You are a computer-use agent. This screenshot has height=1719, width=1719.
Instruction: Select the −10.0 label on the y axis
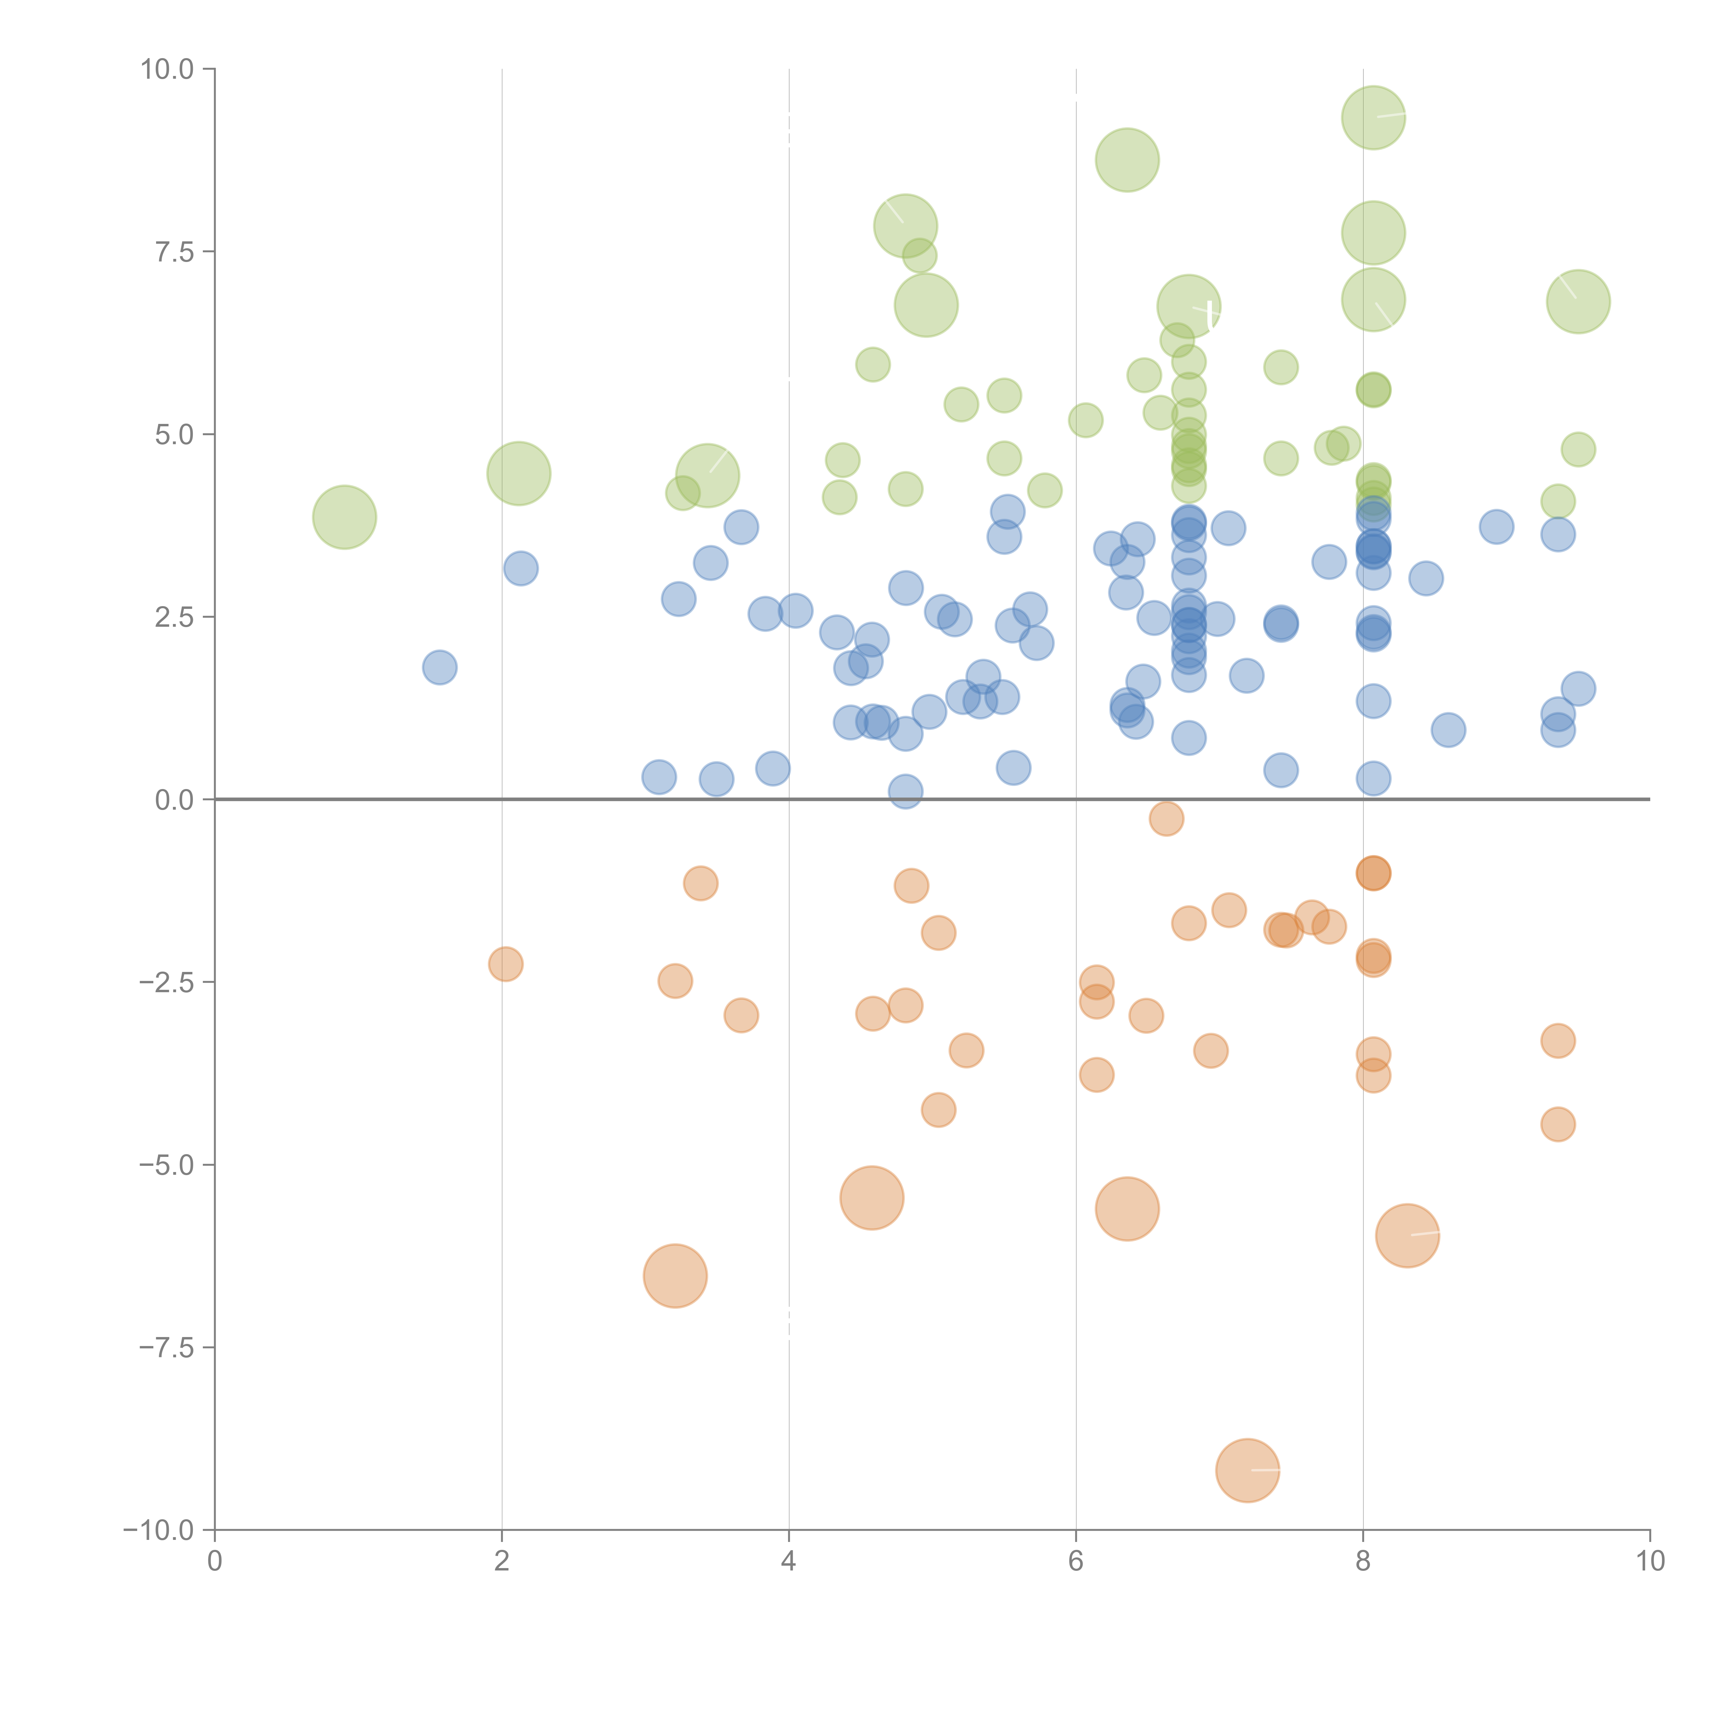tap(158, 1530)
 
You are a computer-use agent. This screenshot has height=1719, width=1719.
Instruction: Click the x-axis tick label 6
tap(1076, 1562)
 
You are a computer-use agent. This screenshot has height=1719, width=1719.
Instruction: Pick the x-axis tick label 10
tap(1650, 1562)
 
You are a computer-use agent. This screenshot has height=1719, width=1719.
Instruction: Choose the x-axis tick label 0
tap(215, 1562)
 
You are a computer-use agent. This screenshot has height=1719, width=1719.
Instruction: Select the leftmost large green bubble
tap(344, 517)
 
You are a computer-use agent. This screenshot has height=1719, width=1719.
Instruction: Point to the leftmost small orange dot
tap(505, 964)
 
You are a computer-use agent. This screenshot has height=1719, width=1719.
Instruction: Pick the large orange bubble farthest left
tap(675, 1276)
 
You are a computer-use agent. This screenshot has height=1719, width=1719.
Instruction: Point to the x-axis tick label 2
tap(502, 1562)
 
